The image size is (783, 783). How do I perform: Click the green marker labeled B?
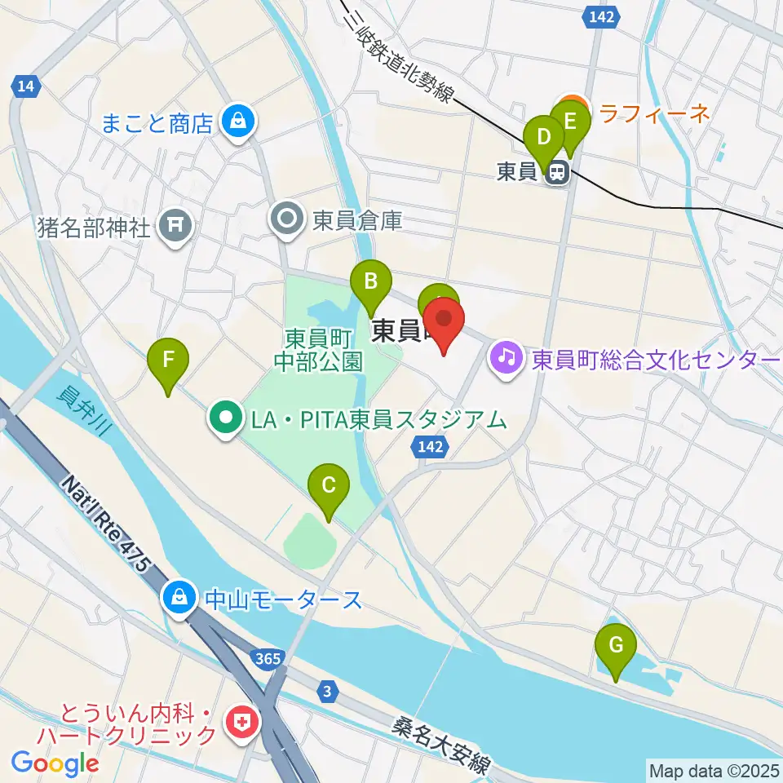(x=370, y=282)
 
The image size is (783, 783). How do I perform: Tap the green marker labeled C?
(x=328, y=487)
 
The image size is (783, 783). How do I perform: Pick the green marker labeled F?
(x=168, y=361)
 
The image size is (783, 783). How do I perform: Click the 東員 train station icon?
(x=558, y=172)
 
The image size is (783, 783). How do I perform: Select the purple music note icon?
(x=507, y=357)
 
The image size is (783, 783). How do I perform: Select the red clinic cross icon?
(x=242, y=722)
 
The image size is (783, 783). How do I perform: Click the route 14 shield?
(x=26, y=86)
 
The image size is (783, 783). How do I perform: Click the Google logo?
(x=55, y=763)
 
